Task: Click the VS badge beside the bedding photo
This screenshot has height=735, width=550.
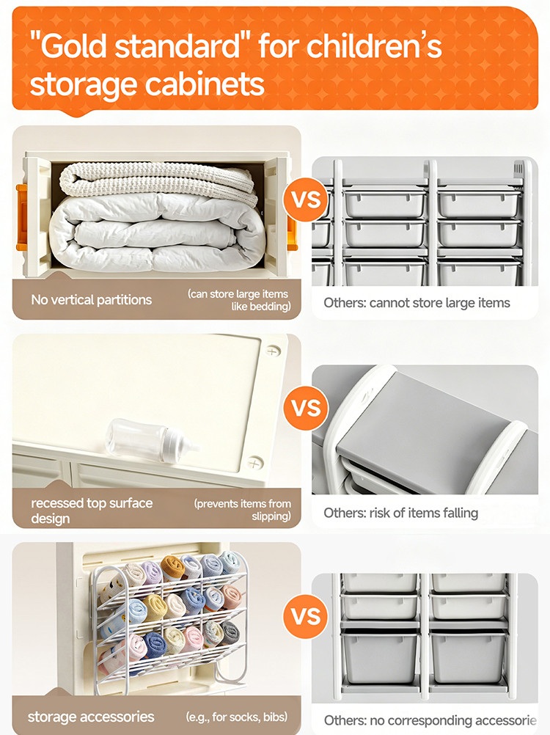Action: [x=307, y=200]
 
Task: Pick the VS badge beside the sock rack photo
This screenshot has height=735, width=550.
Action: [x=307, y=616]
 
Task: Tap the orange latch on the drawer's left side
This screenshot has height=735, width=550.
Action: [x=21, y=217]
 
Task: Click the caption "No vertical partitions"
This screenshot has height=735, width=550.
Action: [x=92, y=299]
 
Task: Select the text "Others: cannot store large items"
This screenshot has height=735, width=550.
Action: [x=417, y=303]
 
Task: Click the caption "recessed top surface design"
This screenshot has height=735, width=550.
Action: [x=92, y=511]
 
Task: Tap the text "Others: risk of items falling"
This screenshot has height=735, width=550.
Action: [x=400, y=513]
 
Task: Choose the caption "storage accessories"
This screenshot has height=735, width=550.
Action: [x=91, y=717]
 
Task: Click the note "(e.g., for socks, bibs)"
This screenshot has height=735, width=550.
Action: [x=237, y=717]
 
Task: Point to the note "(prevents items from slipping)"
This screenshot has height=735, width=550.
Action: [x=242, y=510]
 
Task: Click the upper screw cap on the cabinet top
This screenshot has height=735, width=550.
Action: [x=273, y=351]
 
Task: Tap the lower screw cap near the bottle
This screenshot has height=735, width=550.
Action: [x=254, y=464]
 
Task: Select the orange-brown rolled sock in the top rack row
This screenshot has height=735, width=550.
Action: [x=172, y=568]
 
